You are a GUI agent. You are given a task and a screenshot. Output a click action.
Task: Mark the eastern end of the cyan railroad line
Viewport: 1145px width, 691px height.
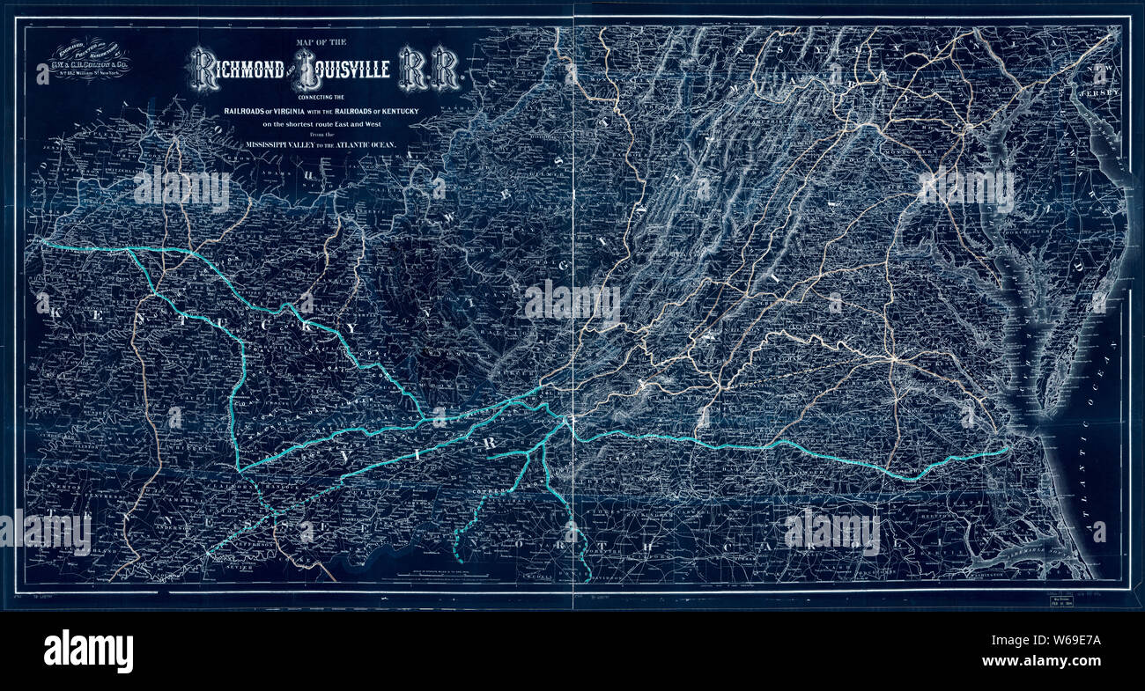(1006, 452)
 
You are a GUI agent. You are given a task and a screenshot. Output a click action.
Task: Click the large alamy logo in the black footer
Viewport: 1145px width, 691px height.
(88, 651)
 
